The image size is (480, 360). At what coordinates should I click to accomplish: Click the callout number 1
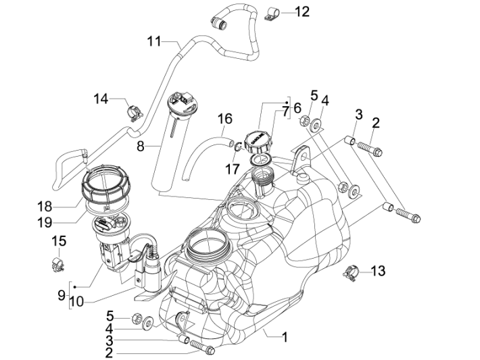(x=285, y=336)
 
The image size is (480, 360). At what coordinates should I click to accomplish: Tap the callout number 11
(x=155, y=41)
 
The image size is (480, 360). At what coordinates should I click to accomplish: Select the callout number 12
(x=302, y=11)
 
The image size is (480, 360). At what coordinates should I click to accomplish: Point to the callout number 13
(x=378, y=271)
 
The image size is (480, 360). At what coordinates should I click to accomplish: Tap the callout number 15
(x=59, y=241)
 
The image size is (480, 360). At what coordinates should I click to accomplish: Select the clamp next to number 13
(x=350, y=273)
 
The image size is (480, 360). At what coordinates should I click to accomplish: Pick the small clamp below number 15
(x=57, y=261)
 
